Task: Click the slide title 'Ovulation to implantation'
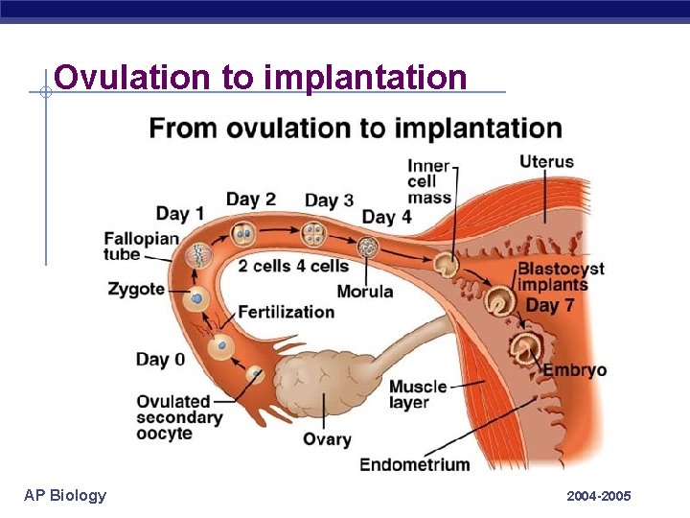[261, 77]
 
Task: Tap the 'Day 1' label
[180, 213]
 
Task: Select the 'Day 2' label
[250, 199]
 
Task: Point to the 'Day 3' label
[329, 200]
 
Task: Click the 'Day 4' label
[386, 217]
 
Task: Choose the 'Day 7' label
[550, 305]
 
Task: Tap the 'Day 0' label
[160, 360]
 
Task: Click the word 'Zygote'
[136, 289]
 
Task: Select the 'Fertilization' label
[286, 312]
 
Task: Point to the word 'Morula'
[365, 291]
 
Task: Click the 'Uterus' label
[546, 161]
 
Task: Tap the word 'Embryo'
[575, 370]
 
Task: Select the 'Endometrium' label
[414, 464]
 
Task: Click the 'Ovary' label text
[327, 439]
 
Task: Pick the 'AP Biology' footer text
[65, 495]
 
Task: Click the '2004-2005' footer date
[599, 496]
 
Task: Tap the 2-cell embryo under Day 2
[243, 232]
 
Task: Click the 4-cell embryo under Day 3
[314, 233]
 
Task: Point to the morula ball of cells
[367, 247]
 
